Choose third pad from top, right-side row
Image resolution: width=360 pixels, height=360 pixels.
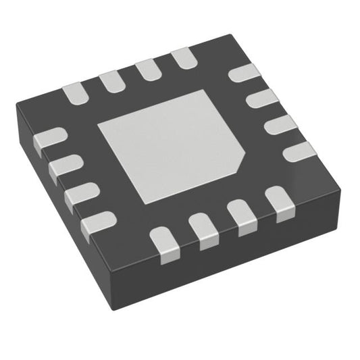coord(278,126)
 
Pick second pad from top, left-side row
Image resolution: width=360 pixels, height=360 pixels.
coord(63,166)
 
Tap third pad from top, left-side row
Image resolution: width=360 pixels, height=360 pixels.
coord(80,195)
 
